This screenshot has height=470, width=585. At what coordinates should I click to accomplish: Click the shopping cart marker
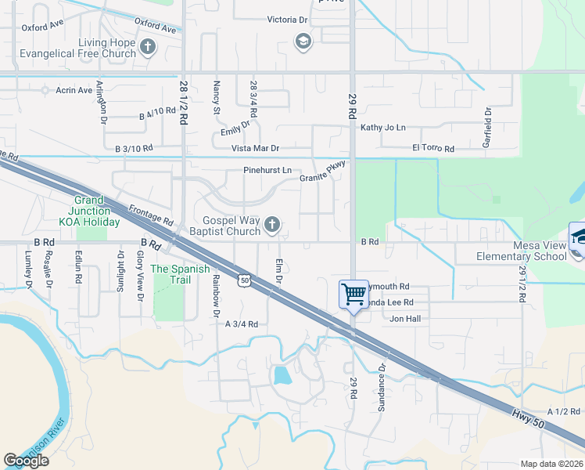click(354, 295)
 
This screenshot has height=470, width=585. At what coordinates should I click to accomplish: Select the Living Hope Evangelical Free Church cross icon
click(147, 48)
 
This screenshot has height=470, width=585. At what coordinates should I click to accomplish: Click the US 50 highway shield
click(245, 280)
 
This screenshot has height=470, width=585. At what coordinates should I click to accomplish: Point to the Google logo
click(26, 461)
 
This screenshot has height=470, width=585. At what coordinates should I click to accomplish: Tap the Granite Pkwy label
click(322, 178)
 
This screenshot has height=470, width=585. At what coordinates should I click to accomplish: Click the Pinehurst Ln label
click(267, 170)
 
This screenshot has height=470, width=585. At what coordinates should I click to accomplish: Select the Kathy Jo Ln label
click(382, 128)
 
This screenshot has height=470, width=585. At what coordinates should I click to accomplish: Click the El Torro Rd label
click(432, 148)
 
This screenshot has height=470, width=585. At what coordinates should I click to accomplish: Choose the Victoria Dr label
click(287, 20)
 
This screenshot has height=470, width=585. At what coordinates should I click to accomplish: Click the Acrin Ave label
click(74, 90)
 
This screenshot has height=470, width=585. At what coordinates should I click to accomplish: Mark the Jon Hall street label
click(405, 319)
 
